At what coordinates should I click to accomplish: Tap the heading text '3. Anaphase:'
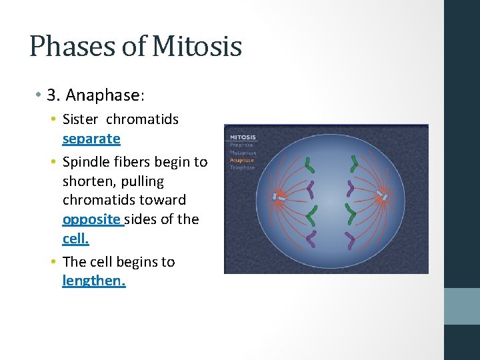[x=95, y=95]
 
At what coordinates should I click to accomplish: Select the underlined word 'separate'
[x=91, y=139]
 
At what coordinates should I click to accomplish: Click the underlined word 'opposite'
[x=92, y=219]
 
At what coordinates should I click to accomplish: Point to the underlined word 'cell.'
[x=75, y=238]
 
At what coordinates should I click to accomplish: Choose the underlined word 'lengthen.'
[x=93, y=281]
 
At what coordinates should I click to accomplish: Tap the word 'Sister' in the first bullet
[x=80, y=119]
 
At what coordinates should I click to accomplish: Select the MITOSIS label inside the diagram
[x=243, y=137]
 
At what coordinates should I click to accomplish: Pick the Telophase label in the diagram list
[x=243, y=167]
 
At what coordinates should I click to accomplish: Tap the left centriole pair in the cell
[x=278, y=197]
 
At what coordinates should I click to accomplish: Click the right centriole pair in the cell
[x=382, y=196]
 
